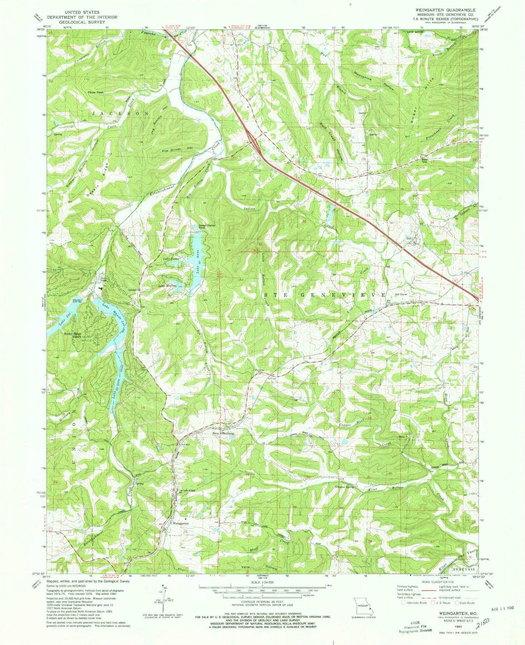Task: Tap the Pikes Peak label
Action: coord(95,93)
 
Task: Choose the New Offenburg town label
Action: coord(224,434)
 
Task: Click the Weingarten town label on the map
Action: coord(181,523)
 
